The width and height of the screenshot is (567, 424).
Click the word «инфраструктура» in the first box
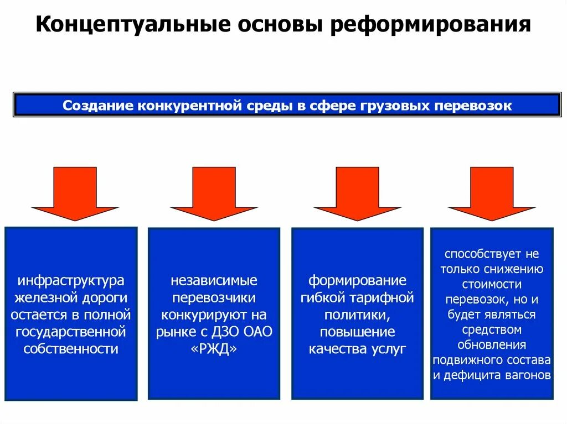70,281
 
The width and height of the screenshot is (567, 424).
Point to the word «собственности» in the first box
70,349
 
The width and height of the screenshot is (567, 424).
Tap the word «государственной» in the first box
70,332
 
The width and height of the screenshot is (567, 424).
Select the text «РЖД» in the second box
214,349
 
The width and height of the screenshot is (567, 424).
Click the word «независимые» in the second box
214,281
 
